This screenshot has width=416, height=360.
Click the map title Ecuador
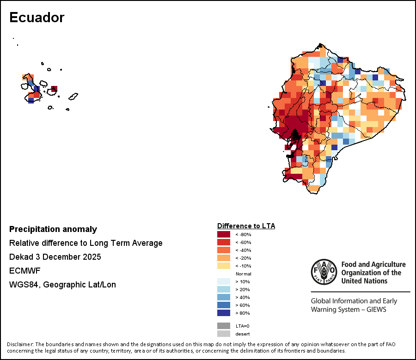point(37,18)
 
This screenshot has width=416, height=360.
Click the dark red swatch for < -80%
point(224,234)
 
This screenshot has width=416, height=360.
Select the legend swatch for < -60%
point(224,242)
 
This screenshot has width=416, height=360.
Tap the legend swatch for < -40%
point(224,250)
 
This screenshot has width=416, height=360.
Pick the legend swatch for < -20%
point(224,258)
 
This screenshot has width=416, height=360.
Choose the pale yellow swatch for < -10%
point(224,266)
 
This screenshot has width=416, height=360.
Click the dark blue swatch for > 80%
point(224,313)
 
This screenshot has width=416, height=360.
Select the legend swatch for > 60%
point(224,305)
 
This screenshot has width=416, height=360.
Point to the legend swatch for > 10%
point(224,281)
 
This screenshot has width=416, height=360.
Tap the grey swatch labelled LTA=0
point(224,326)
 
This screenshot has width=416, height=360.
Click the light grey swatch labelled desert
point(224,334)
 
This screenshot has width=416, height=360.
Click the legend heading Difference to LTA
point(246,226)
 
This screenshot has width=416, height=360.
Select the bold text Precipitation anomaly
point(53,229)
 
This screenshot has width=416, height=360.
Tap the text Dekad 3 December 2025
point(55,257)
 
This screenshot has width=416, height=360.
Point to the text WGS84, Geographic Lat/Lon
point(62,285)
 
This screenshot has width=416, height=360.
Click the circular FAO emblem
point(324,272)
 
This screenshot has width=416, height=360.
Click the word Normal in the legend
point(243,274)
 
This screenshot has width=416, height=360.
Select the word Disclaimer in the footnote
point(20,344)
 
